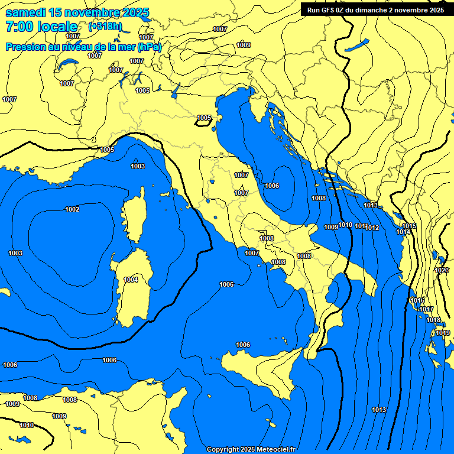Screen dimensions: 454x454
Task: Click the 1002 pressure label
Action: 72,209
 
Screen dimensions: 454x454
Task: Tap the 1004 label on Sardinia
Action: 131,280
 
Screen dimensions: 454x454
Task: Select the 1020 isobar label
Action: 442,270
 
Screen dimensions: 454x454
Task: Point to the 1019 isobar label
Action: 443,333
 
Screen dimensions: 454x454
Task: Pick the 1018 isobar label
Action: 433,320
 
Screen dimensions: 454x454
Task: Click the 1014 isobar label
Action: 403,232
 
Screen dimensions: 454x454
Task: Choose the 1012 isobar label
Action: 372,228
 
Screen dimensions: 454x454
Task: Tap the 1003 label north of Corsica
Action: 138,166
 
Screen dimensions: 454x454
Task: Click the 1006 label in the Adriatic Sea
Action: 272,186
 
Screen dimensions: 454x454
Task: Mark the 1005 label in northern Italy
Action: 204,118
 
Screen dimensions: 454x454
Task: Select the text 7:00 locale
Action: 41,27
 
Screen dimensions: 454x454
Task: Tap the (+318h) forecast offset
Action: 105,27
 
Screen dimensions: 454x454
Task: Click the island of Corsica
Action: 135,216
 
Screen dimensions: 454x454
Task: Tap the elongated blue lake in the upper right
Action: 357,45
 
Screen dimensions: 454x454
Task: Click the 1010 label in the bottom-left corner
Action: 27,425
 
